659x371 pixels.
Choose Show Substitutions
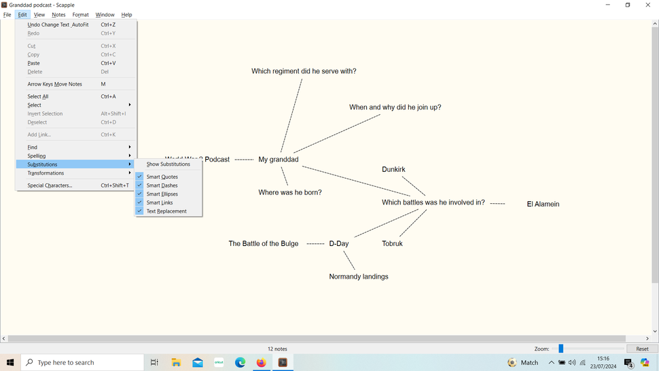[x=168, y=164]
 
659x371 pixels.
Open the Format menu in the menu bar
[x=80, y=15]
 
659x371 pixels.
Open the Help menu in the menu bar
[x=126, y=15]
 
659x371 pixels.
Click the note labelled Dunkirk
[x=393, y=169]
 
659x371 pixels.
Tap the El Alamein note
[x=543, y=205]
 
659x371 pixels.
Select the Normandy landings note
[x=359, y=277]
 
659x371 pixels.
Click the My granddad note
[x=279, y=160]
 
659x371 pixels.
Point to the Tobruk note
[x=392, y=244]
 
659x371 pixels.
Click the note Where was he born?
[x=290, y=192]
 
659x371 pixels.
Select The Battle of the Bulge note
[x=264, y=244]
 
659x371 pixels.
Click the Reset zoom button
[x=642, y=349]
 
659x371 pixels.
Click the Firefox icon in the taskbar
[x=262, y=362]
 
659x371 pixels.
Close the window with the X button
[x=647, y=5]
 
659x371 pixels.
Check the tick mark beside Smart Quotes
[x=139, y=177]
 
